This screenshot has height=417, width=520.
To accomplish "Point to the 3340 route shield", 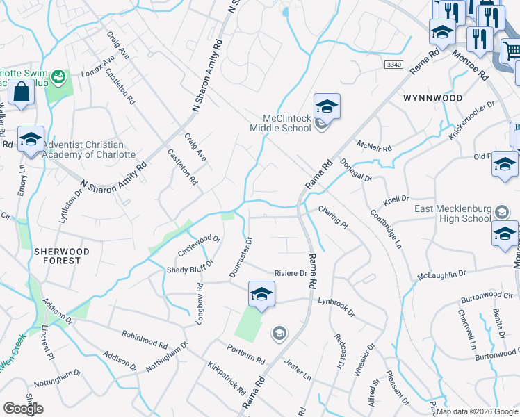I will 393,64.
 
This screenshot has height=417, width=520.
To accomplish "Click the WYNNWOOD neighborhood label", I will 432,99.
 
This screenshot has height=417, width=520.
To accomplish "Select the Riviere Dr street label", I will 291,273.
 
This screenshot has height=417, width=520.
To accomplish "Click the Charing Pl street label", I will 333,215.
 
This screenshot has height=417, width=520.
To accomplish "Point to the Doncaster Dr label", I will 242,258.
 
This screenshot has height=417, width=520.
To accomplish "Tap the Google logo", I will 23,409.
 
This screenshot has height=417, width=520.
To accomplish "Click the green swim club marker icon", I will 58,75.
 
